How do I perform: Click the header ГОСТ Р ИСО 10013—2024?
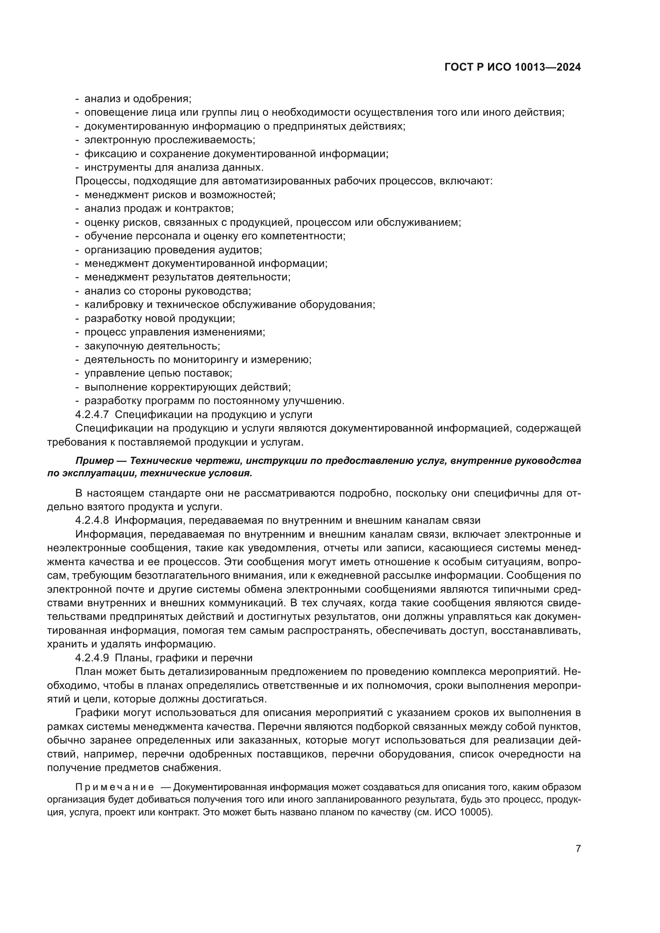pos(512,67)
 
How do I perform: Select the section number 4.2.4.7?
pos(92,414)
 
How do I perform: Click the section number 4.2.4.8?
pos(92,521)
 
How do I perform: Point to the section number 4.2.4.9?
pos(92,657)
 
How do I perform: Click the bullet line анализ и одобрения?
pos(137,99)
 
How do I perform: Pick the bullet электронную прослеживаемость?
pos(170,140)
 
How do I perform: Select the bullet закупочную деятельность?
pos(152,346)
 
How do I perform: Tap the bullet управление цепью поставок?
pos(158,373)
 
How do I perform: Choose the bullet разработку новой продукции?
pos(160,319)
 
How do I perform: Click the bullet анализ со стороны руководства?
pos(168,291)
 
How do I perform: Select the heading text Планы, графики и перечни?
pos(184,657)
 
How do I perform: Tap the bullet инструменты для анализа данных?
pos(174,168)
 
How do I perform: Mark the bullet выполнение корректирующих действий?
pos(188,387)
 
